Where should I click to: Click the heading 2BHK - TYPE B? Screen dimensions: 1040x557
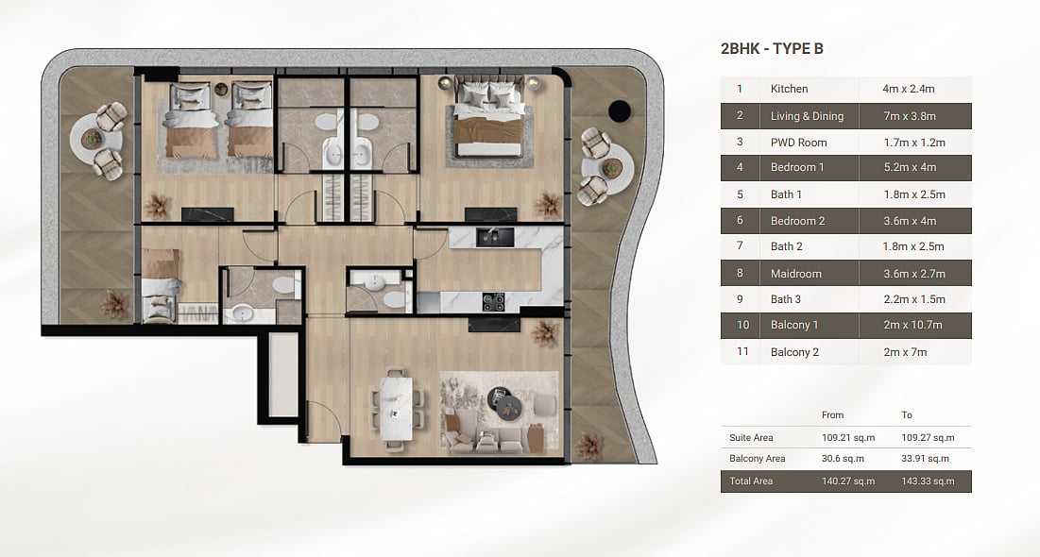(772, 48)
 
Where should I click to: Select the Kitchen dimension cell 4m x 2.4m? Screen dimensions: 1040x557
(908, 89)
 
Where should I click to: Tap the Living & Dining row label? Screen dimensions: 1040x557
(807, 116)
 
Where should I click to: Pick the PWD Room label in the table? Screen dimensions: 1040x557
(798, 143)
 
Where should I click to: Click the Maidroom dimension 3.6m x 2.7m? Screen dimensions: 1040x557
(914, 273)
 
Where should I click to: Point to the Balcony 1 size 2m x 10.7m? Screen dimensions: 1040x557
(912, 325)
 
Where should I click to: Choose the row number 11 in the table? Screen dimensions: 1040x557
(742, 351)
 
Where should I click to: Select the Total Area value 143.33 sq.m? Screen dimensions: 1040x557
(928, 481)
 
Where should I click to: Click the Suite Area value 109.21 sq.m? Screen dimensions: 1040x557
(848, 438)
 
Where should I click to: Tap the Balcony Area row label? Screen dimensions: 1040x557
(757, 458)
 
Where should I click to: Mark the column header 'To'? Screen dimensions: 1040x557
(907, 415)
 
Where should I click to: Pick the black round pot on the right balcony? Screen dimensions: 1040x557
(620, 110)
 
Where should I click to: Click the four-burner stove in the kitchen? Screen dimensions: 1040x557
(493, 302)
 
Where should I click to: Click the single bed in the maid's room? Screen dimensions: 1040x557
(161, 285)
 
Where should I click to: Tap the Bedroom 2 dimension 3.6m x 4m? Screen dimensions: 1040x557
(910, 221)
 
